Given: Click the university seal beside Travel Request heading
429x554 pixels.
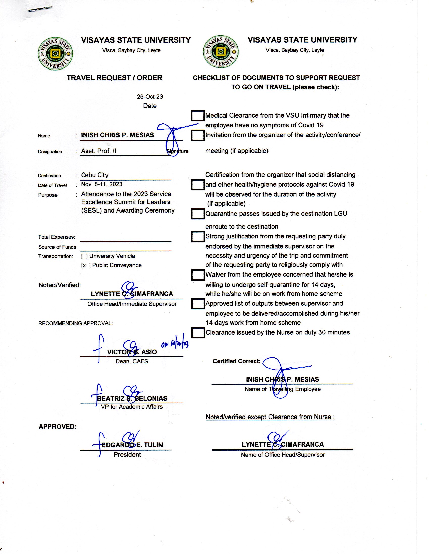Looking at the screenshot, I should click(55, 54).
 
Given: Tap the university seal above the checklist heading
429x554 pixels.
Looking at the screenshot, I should click(221, 51).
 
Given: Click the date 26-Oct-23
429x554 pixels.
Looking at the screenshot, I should click(150, 97).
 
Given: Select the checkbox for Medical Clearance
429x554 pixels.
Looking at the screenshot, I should click(198, 116).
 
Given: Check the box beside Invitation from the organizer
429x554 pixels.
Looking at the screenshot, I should click(198, 135).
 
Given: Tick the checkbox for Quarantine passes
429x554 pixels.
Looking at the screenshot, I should click(198, 214).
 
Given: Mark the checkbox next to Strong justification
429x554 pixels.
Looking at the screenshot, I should click(198, 236).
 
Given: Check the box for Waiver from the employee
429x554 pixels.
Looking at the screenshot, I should click(198, 275).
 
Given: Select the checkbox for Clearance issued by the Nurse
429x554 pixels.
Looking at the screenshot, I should click(198, 333).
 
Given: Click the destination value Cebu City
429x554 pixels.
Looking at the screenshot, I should click(95, 175).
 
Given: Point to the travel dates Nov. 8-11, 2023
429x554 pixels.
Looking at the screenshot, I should click(102, 184).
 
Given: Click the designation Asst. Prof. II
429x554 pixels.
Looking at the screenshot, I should click(99, 151).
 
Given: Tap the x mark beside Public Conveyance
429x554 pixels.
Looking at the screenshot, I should click(84, 265).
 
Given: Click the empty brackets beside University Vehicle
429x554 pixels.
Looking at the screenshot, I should click(84, 256).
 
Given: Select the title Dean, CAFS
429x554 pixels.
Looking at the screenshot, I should click(132, 361).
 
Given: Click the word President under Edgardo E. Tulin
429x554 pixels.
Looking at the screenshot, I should click(127, 455).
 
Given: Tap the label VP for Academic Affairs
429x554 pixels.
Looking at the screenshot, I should click(132, 407).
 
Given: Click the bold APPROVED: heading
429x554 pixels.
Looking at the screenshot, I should click(58, 426).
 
